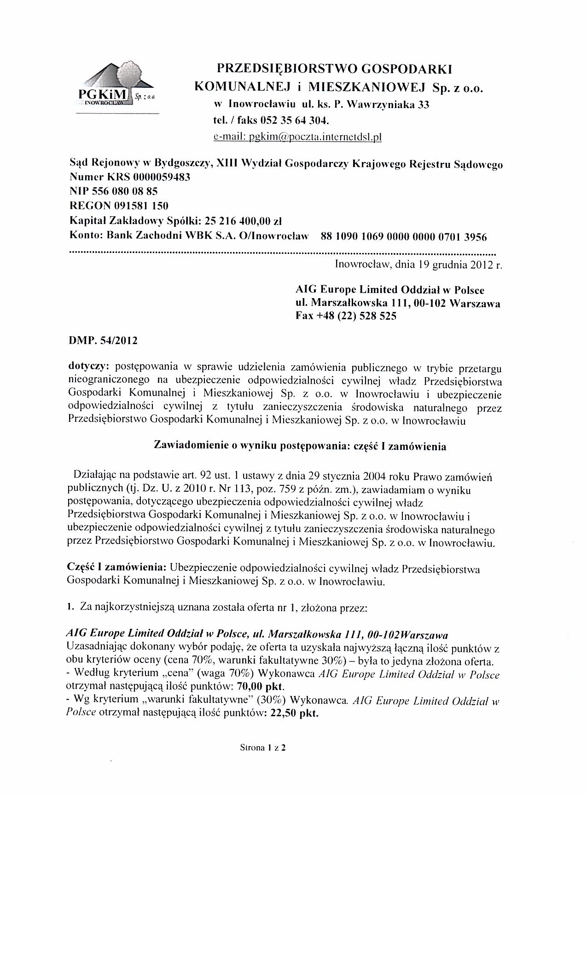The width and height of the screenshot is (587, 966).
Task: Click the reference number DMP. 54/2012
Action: (x=103, y=341)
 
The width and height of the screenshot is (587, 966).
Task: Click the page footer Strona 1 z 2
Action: (x=263, y=747)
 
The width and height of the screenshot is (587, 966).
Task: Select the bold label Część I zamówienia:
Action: (x=117, y=569)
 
